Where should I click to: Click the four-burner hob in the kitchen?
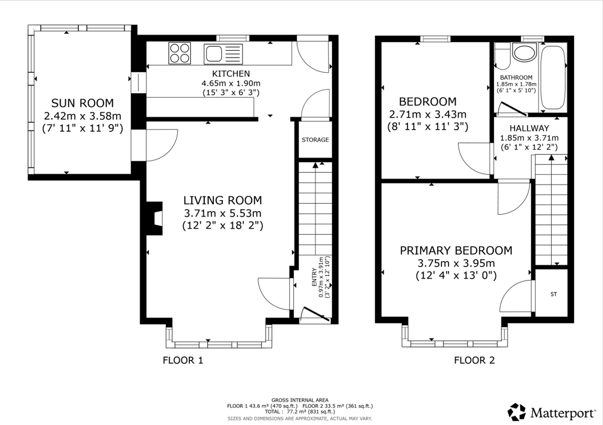(180, 53)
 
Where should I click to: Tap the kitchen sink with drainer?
(223, 54)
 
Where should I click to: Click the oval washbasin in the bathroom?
(525, 53)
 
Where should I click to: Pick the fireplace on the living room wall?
(155, 218)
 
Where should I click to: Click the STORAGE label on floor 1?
(315, 140)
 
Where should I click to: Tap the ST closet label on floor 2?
(554, 294)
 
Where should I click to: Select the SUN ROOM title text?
(83, 103)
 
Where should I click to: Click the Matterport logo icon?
(517, 412)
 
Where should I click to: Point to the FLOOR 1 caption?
(183, 360)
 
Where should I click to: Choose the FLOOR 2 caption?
(475, 360)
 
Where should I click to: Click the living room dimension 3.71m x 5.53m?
(223, 213)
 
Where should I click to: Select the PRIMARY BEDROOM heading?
(456, 251)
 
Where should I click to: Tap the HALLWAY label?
(529, 128)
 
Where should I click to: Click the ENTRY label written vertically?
(314, 277)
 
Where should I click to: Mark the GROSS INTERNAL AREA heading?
(300, 400)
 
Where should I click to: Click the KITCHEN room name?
(231, 74)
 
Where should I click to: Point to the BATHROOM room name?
(516, 77)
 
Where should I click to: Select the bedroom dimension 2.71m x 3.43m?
(428, 114)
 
